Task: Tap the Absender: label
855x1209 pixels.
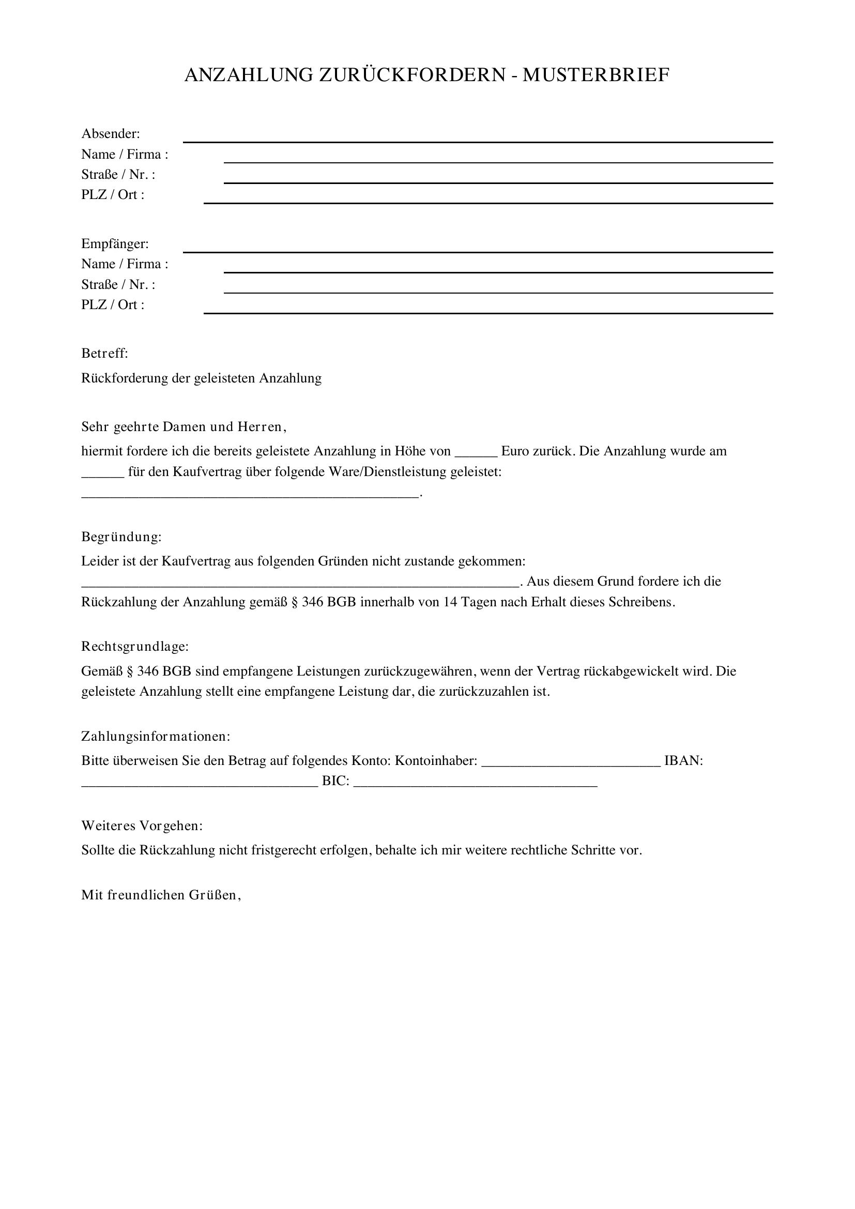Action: coord(111,134)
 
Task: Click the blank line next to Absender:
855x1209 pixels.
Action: coord(478,141)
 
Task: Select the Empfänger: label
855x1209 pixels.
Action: coord(115,244)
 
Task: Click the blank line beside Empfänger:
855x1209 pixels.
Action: coord(478,251)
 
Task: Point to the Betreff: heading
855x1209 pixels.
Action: coord(105,354)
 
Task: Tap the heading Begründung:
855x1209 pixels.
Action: coord(121,537)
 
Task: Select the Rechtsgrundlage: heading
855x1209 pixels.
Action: coord(135,647)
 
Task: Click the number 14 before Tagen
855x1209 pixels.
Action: coord(450,602)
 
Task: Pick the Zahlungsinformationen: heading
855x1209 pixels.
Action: coord(155,736)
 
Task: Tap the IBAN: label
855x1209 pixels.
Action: coord(683,761)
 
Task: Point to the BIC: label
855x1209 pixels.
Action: coord(335,781)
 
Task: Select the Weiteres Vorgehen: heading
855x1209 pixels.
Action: coord(142,825)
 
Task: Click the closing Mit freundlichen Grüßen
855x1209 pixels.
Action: coord(161,895)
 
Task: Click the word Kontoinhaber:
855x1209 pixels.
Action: coord(436,761)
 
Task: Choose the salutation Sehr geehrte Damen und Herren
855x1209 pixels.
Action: coord(183,426)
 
